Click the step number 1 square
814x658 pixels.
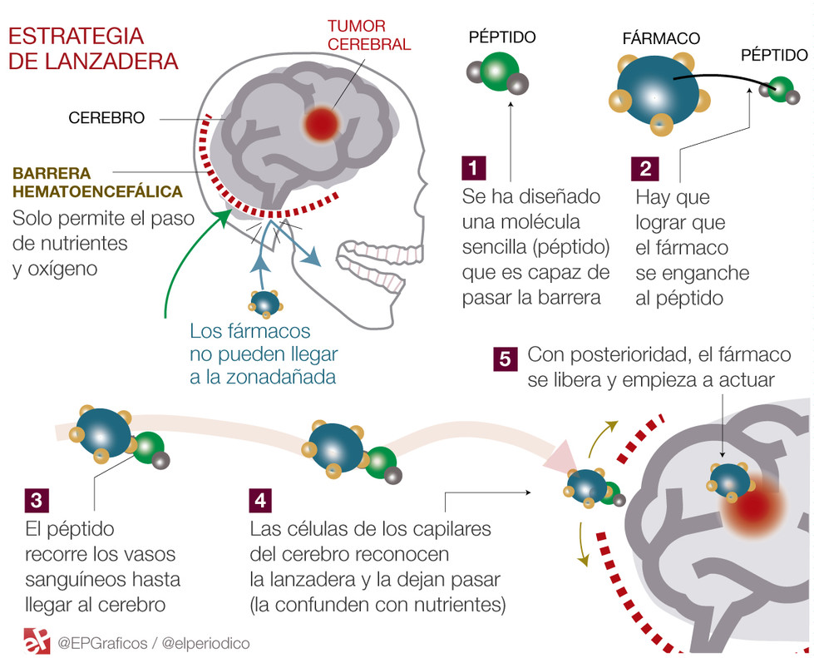pos(473,168)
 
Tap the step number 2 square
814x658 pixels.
pos(646,168)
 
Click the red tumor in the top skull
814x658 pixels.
pos(321,123)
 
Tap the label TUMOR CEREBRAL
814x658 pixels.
pos(368,36)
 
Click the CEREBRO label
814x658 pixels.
pos(106,118)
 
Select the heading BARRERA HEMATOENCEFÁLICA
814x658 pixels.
pos(96,183)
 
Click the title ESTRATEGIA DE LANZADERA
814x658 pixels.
pos(92,48)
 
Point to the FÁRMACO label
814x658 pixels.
pos(660,38)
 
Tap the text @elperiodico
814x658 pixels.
pos(206,643)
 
